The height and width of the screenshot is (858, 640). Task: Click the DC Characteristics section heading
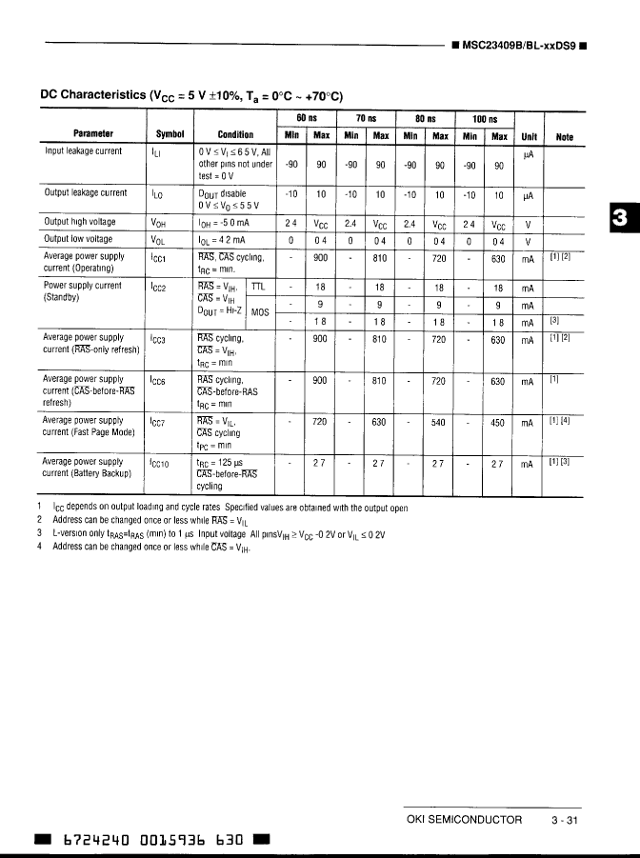click(190, 95)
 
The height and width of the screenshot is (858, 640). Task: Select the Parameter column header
click(92, 135)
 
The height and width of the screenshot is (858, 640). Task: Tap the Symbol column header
click(169, 135)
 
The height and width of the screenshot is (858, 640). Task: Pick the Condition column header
click(235, 135)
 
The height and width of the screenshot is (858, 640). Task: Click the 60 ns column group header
click(307, 119)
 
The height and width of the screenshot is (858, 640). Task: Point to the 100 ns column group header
click(485, 119)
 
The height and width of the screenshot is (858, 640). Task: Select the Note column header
click(565, 136)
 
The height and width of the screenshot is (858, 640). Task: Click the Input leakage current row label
click(83, 151)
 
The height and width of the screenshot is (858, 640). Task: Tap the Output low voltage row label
click(78, 240)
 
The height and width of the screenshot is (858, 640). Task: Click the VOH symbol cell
click(159, 224)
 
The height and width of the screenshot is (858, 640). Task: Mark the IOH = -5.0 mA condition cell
click(223, 223)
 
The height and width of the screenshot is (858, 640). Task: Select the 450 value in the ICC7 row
click(498, 422)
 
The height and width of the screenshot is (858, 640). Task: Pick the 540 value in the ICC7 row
click(439, 422)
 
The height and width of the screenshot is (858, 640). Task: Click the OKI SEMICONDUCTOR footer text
click(464, 820)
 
